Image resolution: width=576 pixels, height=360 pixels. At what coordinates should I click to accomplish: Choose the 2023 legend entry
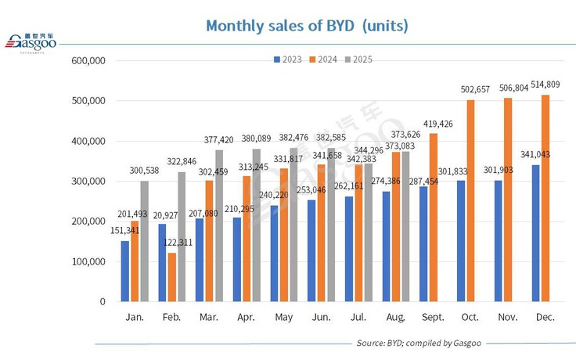tap(290, 59)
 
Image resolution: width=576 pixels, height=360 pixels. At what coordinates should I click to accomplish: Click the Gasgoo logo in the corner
tap(36, 44)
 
